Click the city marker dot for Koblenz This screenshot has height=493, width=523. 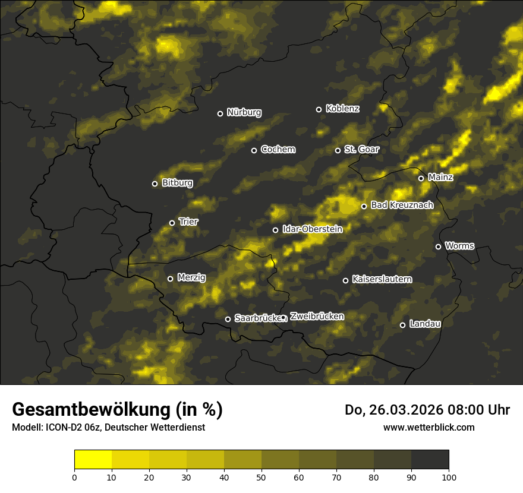tap(319, 109)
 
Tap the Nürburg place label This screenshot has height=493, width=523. tap(244, 112)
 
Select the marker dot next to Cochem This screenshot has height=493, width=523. tap(254, 150)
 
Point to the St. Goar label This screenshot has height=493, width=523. tap(361, 150)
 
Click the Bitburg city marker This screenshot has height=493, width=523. tap(155, 184)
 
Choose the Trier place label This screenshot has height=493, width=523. tap(188, 222)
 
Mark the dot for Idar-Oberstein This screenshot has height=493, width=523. tap(275, 230)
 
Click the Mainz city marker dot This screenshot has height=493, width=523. tap(421, 178)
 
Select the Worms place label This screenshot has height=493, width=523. tap(459, 245)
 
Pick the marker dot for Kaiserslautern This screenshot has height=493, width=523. tap(345, 280)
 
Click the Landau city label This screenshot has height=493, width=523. tap(425, 324)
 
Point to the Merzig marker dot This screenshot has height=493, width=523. tap(170, 279)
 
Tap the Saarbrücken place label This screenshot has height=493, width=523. tap(257, 318)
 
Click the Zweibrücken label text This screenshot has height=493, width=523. tap(317, 317)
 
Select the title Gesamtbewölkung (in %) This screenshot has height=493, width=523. tap(117, 409)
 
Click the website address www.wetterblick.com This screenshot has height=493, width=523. tap(429, 427)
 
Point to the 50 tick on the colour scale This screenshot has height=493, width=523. tap(261, 476)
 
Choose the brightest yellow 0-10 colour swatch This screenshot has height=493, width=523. tap(93, 459)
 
